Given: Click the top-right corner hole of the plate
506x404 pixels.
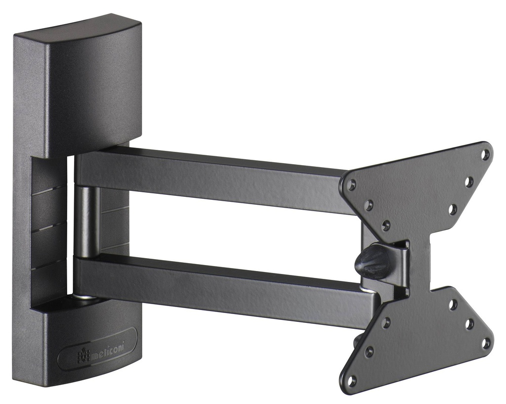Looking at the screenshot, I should pos(485,154).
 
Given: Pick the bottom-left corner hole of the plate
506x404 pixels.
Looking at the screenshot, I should pos(351,380).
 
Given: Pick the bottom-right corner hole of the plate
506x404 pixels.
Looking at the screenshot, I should pos(486,342).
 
